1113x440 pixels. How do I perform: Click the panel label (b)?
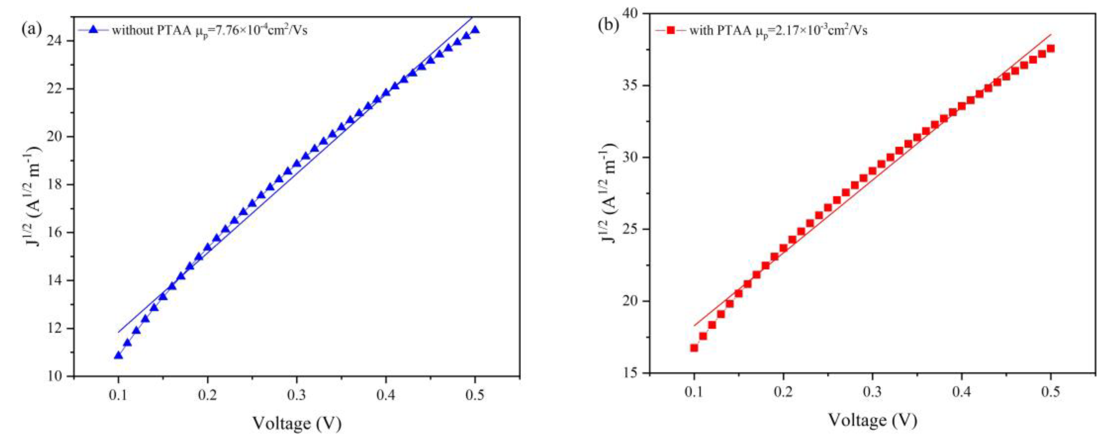[608, 25]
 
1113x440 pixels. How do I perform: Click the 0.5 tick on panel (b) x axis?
[1051, 393]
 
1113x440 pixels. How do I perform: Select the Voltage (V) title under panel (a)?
[297, 424]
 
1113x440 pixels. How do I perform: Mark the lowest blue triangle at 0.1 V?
[118, 355]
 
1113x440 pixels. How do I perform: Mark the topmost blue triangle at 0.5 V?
[475, 29]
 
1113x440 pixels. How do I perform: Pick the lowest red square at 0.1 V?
[694, 347]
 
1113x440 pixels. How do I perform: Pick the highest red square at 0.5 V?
[1051, 48]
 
